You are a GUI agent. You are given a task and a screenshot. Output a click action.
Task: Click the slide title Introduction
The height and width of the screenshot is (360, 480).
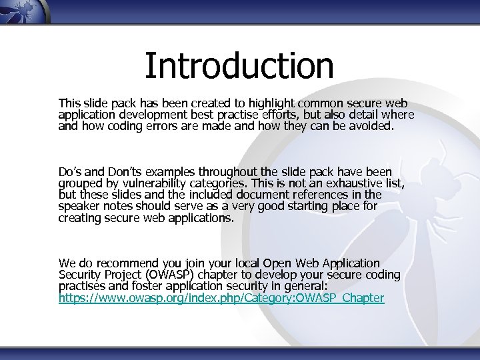(239, 65)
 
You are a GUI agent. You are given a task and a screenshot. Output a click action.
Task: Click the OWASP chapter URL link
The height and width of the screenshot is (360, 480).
(221, 298)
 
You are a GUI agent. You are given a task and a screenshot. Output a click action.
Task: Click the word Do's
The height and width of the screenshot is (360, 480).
(71, 173)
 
